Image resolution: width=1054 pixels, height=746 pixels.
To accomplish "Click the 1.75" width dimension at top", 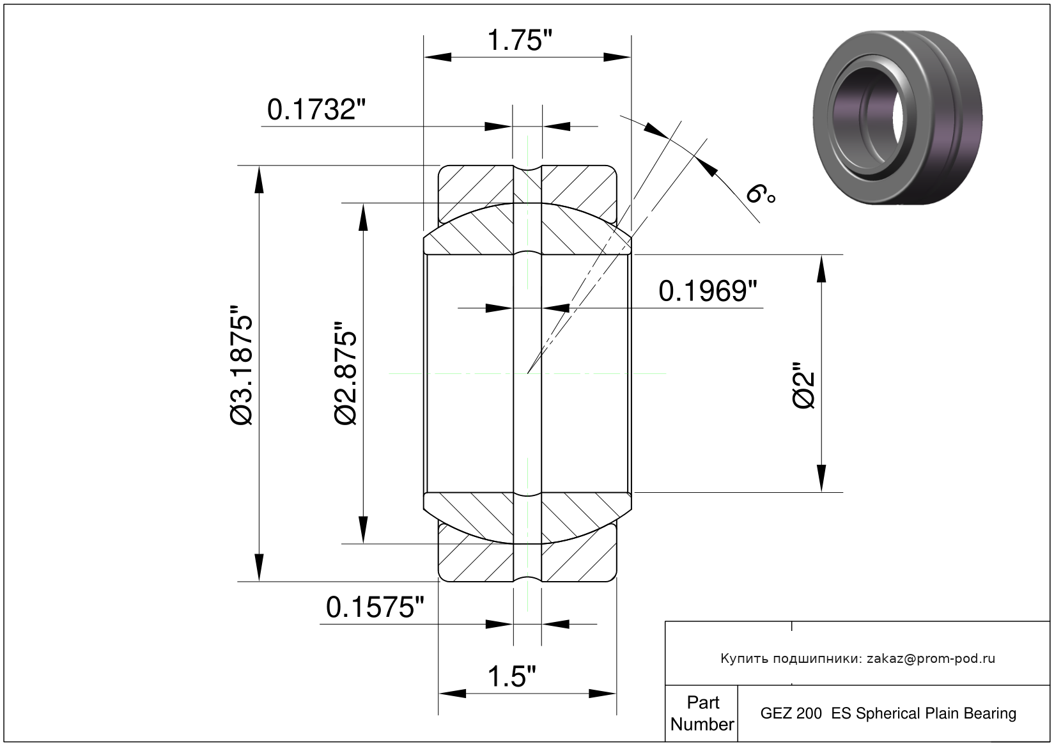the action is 520,40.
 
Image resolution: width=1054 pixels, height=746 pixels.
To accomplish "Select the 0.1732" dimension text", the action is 316,110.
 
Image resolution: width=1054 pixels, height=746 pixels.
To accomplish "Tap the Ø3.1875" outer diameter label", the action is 242,366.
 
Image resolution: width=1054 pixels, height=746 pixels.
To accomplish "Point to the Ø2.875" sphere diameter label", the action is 346,374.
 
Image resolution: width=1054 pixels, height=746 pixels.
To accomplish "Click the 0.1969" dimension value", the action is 708,291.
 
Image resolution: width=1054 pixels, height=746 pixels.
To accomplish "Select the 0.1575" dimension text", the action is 375,608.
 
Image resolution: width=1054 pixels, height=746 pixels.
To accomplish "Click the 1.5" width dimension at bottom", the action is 511,677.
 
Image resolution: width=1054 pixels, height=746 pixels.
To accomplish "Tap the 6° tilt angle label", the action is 761,194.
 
